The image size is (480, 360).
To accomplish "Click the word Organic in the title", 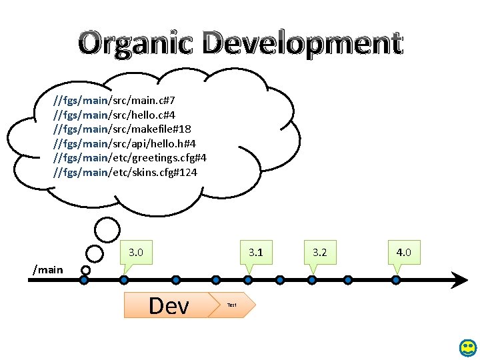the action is [137, 43].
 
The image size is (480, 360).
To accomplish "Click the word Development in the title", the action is [303, 43].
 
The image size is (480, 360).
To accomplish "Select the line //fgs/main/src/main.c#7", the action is [114, 100].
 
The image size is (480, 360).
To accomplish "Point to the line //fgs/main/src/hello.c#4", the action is [114, 114].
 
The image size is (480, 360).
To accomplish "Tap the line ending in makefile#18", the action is [123, 129].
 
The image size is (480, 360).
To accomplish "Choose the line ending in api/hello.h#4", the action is [124, 143].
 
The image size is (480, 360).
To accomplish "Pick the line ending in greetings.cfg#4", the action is [130, 158].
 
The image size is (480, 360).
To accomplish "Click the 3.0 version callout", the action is [136, 253].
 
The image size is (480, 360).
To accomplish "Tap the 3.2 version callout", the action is [320, 253].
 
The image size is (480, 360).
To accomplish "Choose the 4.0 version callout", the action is [403, 253].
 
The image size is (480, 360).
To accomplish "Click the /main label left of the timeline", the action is [48, 269].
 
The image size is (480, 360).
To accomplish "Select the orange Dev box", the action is [168, 305].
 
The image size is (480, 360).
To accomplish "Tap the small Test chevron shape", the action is [231, 305].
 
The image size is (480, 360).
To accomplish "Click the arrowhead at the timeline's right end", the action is [460, 280].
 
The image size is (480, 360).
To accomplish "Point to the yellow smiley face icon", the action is [468, 347].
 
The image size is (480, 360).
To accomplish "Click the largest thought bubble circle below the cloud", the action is [107, 230].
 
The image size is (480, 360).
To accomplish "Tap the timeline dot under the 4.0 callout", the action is [396, 280].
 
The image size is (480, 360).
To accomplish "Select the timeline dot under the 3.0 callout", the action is [124, 280].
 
